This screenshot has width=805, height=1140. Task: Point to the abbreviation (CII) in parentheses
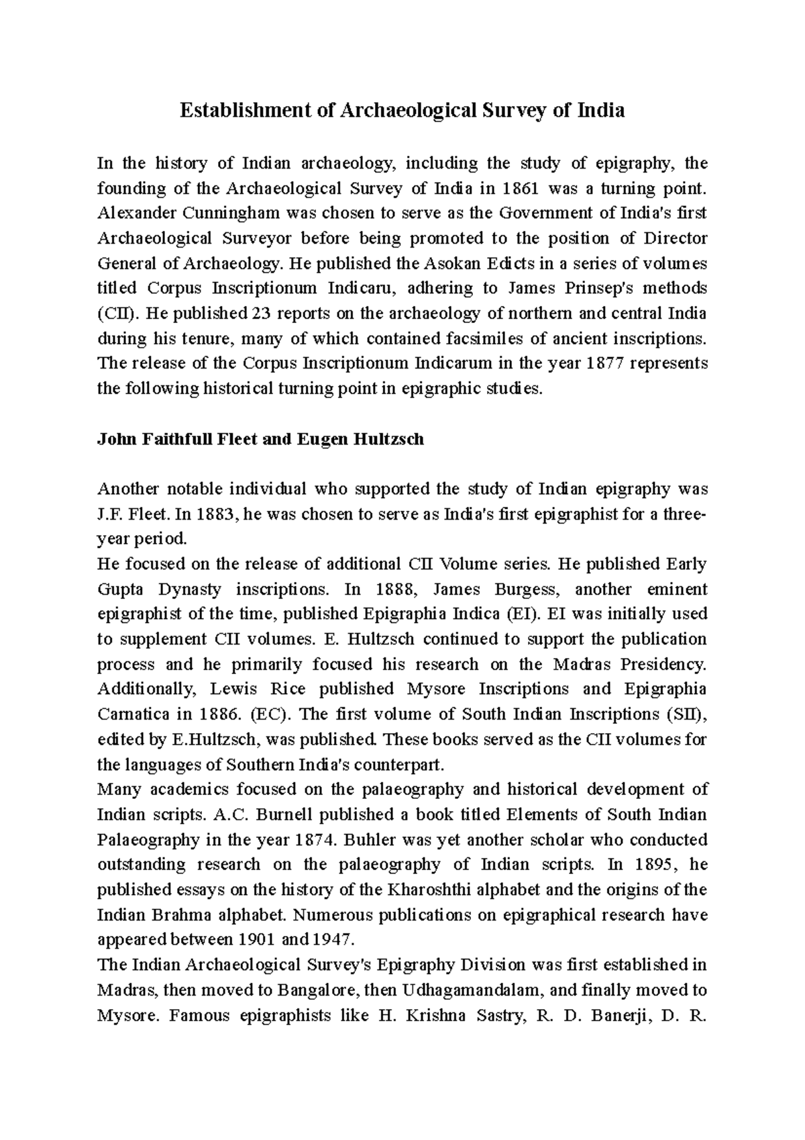coord(112,314)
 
